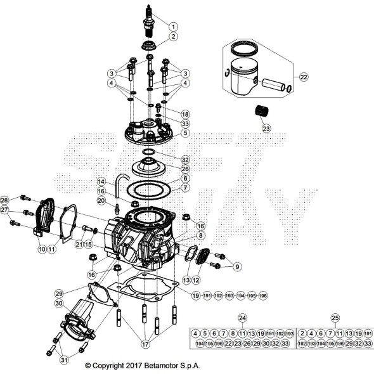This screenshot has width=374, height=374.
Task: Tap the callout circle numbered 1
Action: pos(173,26)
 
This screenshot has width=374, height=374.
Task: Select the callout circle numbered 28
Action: pos(5,200)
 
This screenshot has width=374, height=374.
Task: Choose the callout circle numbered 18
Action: pos(185,113)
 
